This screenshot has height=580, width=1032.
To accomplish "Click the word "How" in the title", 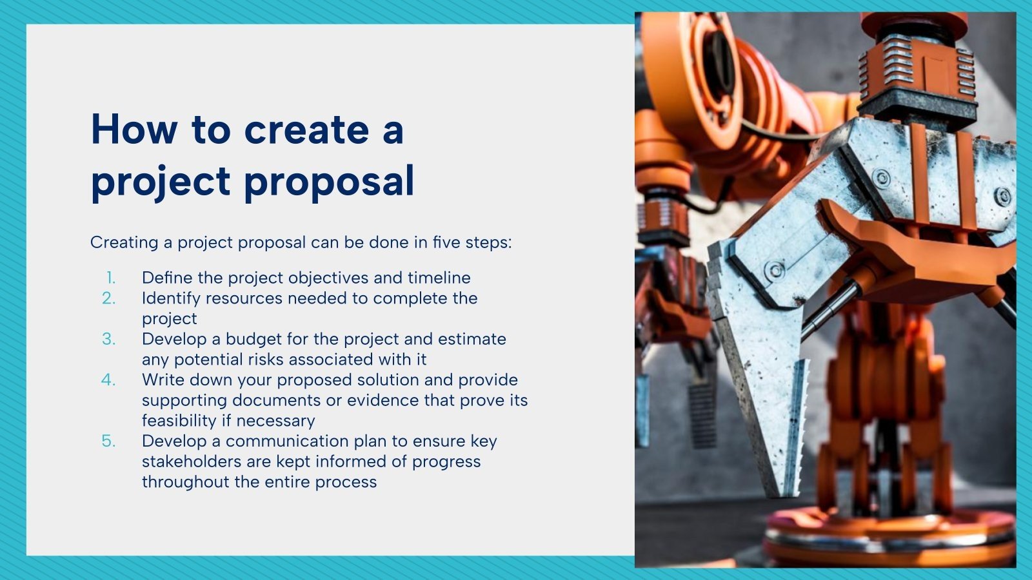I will [134, 130].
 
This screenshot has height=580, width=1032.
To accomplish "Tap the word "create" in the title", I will [306, 130].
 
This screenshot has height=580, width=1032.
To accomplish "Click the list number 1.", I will [111, 278].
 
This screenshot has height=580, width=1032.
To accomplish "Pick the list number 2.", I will [109, 298].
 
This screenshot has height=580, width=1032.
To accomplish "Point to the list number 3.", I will [109, 339].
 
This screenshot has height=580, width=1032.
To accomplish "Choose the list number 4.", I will [108, 380].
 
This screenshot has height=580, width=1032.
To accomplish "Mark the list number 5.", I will [109, 441].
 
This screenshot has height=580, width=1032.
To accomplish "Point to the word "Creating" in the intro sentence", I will [124, 242].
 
